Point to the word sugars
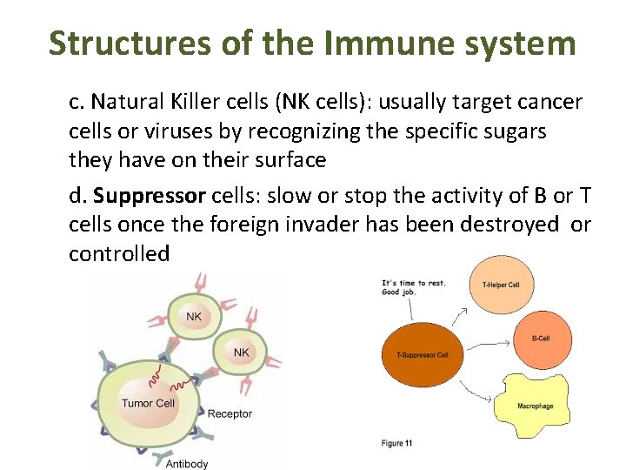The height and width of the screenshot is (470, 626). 515,132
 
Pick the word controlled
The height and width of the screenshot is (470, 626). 119,254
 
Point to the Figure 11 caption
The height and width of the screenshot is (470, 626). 396,443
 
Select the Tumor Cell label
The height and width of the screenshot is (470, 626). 148,403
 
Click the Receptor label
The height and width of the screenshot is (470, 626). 230,413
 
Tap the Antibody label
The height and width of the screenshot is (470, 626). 187,464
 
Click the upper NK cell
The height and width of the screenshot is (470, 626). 193,317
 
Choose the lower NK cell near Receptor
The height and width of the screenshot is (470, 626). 241,352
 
